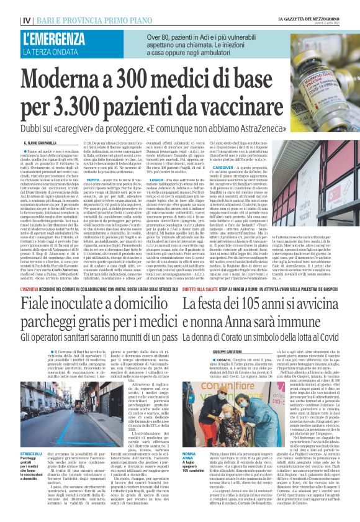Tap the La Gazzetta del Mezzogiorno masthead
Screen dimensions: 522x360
[x=310, y=18]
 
